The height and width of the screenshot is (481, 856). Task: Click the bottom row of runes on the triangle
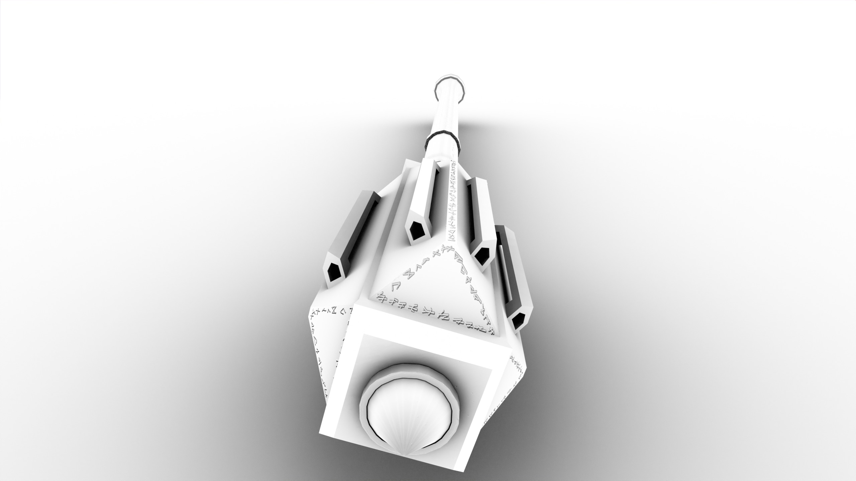pyautogui.click(x=435, y=317)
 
